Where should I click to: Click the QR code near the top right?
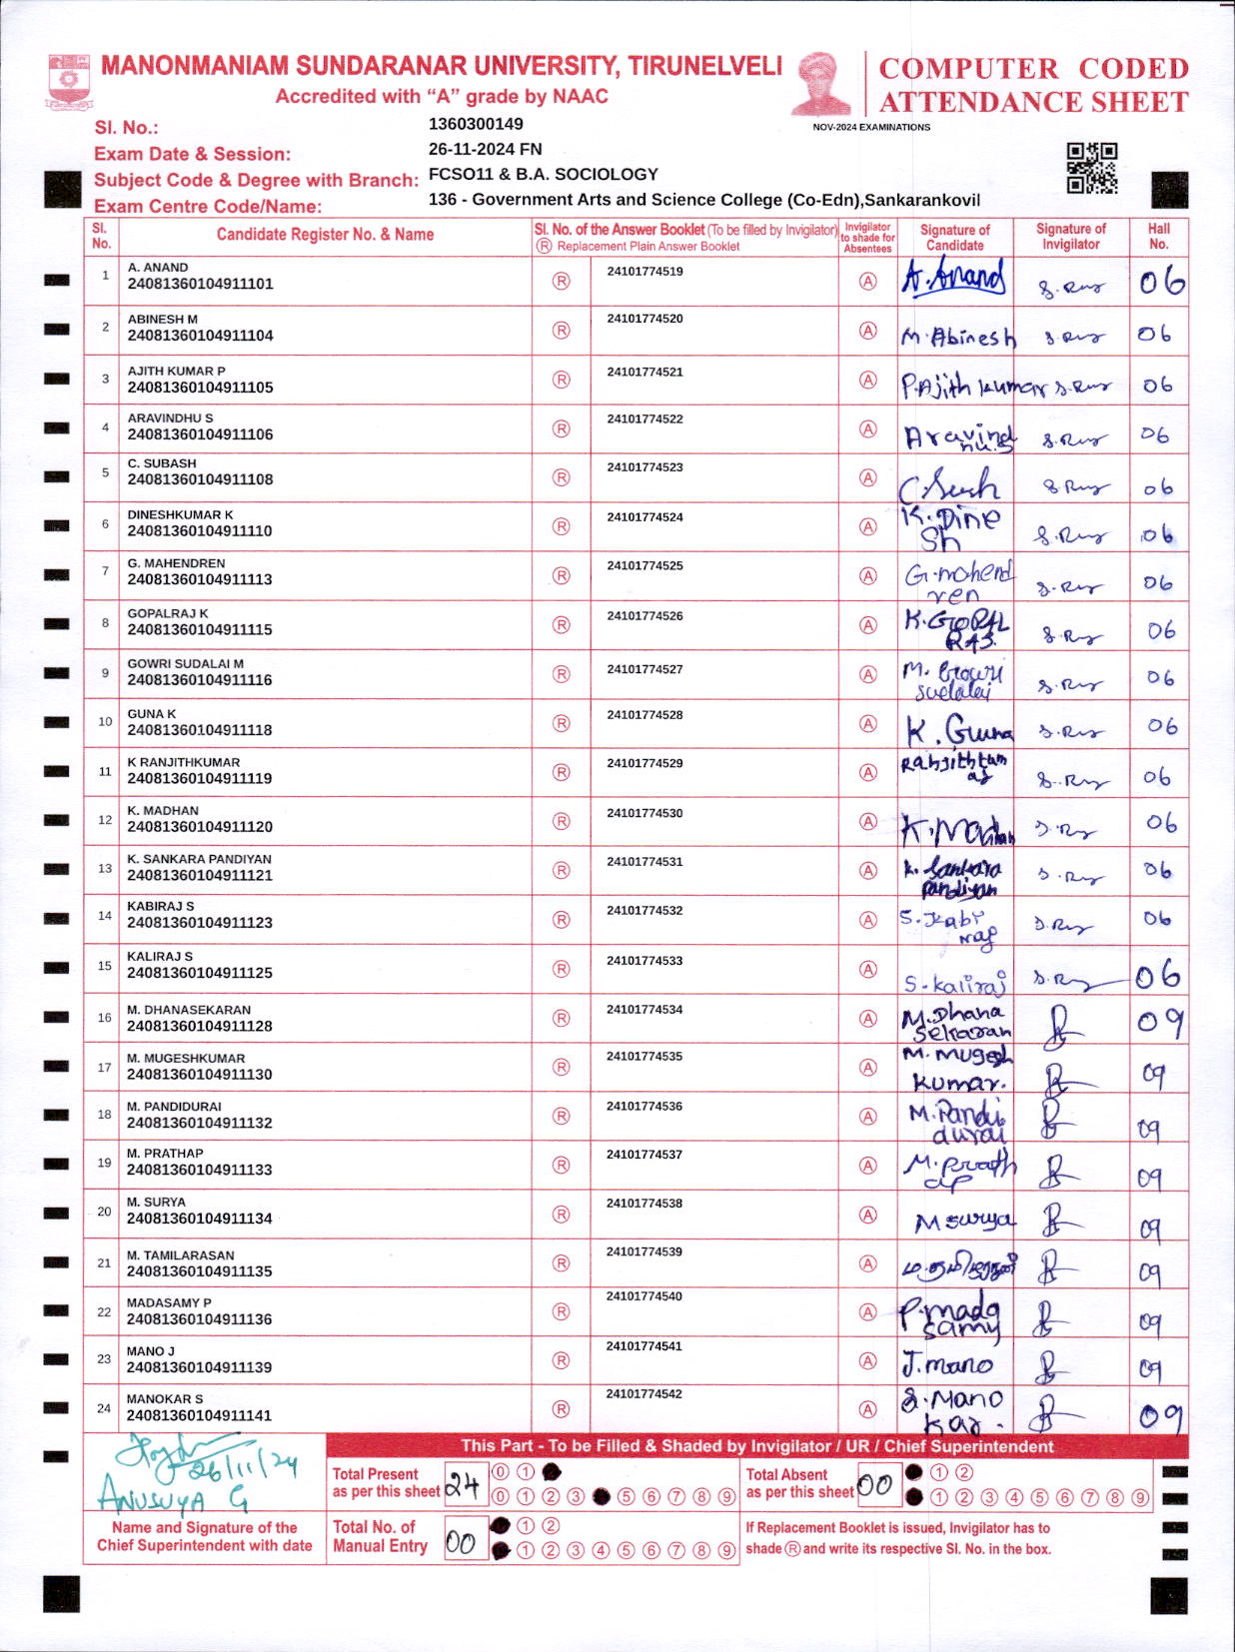click(1091, 168)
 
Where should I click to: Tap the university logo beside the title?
click(69, 82)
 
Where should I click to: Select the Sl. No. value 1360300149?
click(476, 124)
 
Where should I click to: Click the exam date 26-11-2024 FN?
click(485, 149)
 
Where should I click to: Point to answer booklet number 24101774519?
click(644, 272)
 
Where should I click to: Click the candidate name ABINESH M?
click(163, 320)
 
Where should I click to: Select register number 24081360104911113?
click(200, 579)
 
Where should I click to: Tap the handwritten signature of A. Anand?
click(953, 279)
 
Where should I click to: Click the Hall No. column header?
click(1158, 236)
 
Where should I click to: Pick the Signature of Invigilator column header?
click(1070, 236)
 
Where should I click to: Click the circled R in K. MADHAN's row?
click(562, 822)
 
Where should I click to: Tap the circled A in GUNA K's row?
click(868, 724)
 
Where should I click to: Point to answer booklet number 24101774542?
click(644, 1394)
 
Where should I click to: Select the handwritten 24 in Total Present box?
click(464, 1485)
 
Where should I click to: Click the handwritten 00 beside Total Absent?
click(874, 1485)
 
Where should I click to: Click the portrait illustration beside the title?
click(821, 83)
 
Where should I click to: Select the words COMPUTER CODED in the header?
click(1033, 69)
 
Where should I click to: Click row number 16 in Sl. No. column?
click(104, 1018)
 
